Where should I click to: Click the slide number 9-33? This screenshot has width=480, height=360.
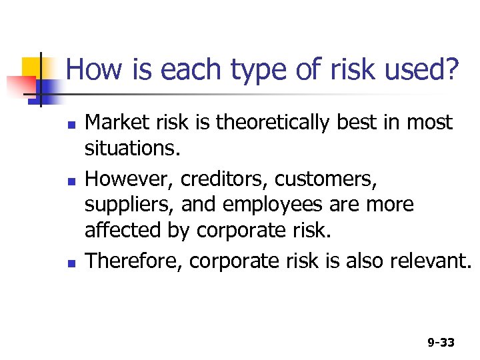[x=441, y=343]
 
